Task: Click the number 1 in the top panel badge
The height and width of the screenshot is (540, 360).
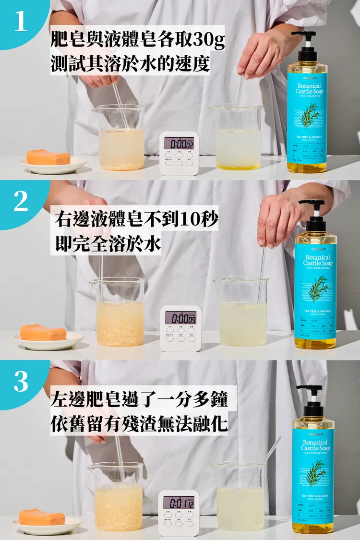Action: [x=21, y=22]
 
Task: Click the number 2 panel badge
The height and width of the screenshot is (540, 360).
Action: [x=21, y=202]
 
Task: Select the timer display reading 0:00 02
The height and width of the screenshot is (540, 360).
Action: [x=179, y=143]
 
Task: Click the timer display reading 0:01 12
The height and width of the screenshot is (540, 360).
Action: [x=179, y=502]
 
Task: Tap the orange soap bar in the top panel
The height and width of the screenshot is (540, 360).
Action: [x=48, y=157]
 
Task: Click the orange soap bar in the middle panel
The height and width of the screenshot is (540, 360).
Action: [x=43, y=332]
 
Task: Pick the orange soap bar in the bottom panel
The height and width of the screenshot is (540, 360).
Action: [x=42, y=517]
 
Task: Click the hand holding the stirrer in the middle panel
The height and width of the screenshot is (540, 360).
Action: [x=278, y=218]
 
